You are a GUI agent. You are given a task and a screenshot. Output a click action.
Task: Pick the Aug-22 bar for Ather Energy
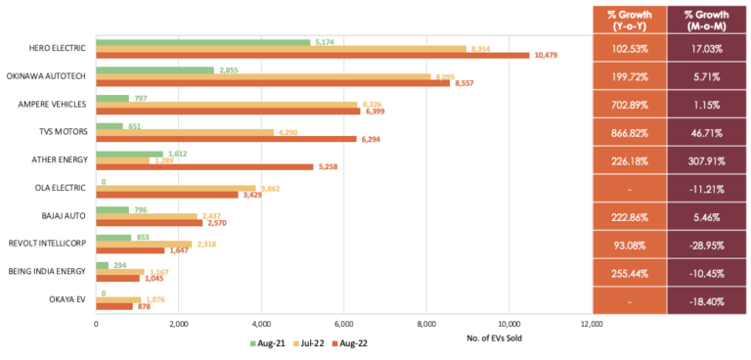pyautogui.click(x=204, y=167)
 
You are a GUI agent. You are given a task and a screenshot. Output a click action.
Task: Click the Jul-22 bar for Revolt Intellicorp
pyautogui.click(x=144, y=244)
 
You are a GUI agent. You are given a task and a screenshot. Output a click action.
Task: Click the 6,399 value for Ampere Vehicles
pyautogui.click(x=376, y=112)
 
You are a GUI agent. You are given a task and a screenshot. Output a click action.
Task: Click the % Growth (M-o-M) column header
pyautogui.click(x=703, y=20)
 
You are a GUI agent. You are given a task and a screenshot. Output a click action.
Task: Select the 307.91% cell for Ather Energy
pyautogui.click(x=703, y=158)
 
